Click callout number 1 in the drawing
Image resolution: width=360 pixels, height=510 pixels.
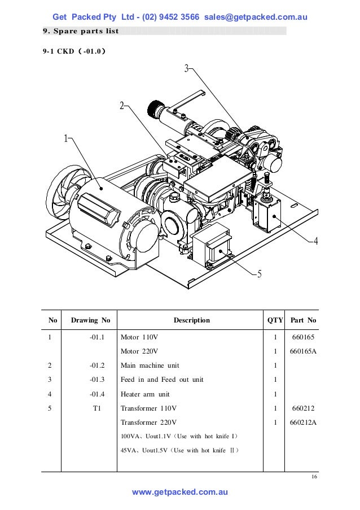click(x=65, y=138)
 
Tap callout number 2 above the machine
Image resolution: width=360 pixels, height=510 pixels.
click(x=121, y=106)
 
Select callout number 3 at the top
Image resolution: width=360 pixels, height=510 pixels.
click(x=187, y=69)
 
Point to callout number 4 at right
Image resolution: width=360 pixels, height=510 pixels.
click(x=315, y=241)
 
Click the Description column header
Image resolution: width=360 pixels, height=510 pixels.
click(x=191, y=320)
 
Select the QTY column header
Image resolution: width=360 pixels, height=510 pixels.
click(x=275, y=320)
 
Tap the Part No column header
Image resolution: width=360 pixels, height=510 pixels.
click(x=303, y=320)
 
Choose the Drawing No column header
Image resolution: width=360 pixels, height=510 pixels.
click(x=90, y=320)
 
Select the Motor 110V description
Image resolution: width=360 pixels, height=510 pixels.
click(x=139, y=337)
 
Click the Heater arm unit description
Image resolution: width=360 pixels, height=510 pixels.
click(x=145, y=394)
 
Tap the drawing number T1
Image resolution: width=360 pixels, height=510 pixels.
click(x=96, y=408)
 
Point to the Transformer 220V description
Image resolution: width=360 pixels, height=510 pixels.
click(x=148, y=422)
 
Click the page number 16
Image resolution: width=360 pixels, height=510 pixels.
click(x=314, y=478)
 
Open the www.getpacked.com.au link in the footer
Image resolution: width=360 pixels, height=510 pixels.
click(x=179, y=492)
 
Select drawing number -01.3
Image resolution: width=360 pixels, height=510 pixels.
click(x=97, y=380)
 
